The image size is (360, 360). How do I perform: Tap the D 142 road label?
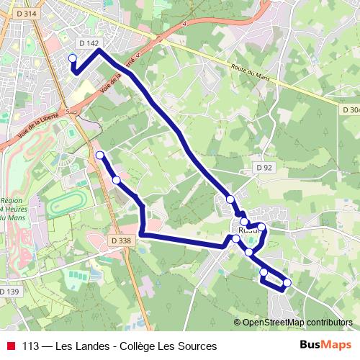(89, 43)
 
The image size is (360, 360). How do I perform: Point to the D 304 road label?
(348, 109)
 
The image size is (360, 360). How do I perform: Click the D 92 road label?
(265, 167)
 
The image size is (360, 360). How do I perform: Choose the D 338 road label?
(122, 240)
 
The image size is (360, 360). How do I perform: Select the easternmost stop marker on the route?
(287, 282)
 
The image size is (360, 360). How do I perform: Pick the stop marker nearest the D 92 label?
(230, 199)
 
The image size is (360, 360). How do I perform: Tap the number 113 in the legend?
(31, 346)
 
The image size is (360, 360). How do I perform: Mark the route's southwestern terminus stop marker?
(100, 155)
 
